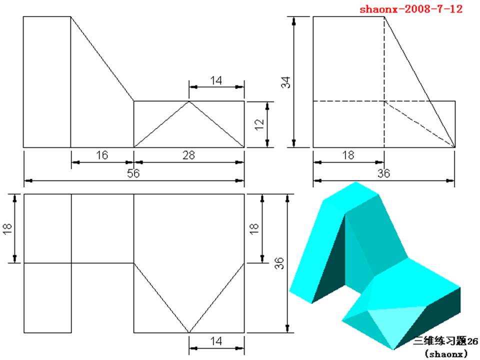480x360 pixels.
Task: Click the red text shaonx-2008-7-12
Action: pyautogui.click(x=411, y=8)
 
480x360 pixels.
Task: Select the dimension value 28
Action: pyautogui.click(x=188, y=155)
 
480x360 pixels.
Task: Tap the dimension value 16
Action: pyautogui.click(x=102, y=155)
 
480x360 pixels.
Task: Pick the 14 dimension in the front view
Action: pyautogui.click(x=216, y=79)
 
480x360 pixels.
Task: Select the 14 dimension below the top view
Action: pyautogui.click(x=216, y=341)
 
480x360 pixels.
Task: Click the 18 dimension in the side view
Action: pyautogui.click(x=348, y=155)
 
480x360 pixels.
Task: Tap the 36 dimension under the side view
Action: pyautogui.click(x=383, y=173)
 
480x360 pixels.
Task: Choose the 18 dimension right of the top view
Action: pyautogui.click(x=253, y=228)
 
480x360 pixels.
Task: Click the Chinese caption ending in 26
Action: pyautogui.click(x=445, y=341)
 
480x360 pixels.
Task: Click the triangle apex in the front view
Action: pyautogui.click(x=189, y=102)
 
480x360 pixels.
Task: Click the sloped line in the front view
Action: pyautogui.click(x=102, y=58)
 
